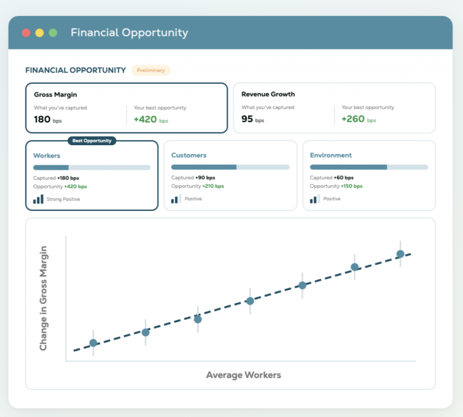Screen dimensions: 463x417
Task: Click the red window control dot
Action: (x=26, y=33)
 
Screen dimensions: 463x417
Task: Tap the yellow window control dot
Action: (x=40, y=33)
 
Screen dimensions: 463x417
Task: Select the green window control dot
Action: (x=53, y=33)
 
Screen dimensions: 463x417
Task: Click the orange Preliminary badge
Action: (x=151, y=70)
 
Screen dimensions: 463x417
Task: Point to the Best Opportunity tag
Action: (x=92, y=141)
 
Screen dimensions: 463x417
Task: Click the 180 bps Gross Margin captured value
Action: (x=48, y=119)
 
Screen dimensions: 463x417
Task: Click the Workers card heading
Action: (x=47, y=156)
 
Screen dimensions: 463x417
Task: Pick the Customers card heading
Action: (x=189, y=155)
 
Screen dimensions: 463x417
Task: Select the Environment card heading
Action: (x=331, y=155)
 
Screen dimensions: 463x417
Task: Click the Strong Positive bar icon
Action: (x=38, y=199)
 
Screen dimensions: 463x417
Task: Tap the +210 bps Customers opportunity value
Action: (x=213, y=186)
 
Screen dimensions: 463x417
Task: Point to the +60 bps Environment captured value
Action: (x=344, y=177)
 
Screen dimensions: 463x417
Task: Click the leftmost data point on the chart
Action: (x=93, y=343)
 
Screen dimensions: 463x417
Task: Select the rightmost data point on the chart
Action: (x=401, y=254)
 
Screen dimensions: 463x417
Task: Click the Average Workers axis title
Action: (x=244, y=375)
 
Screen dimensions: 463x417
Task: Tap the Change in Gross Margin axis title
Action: (x=43, y=299)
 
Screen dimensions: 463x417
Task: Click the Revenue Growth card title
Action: (x=268, y=94)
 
